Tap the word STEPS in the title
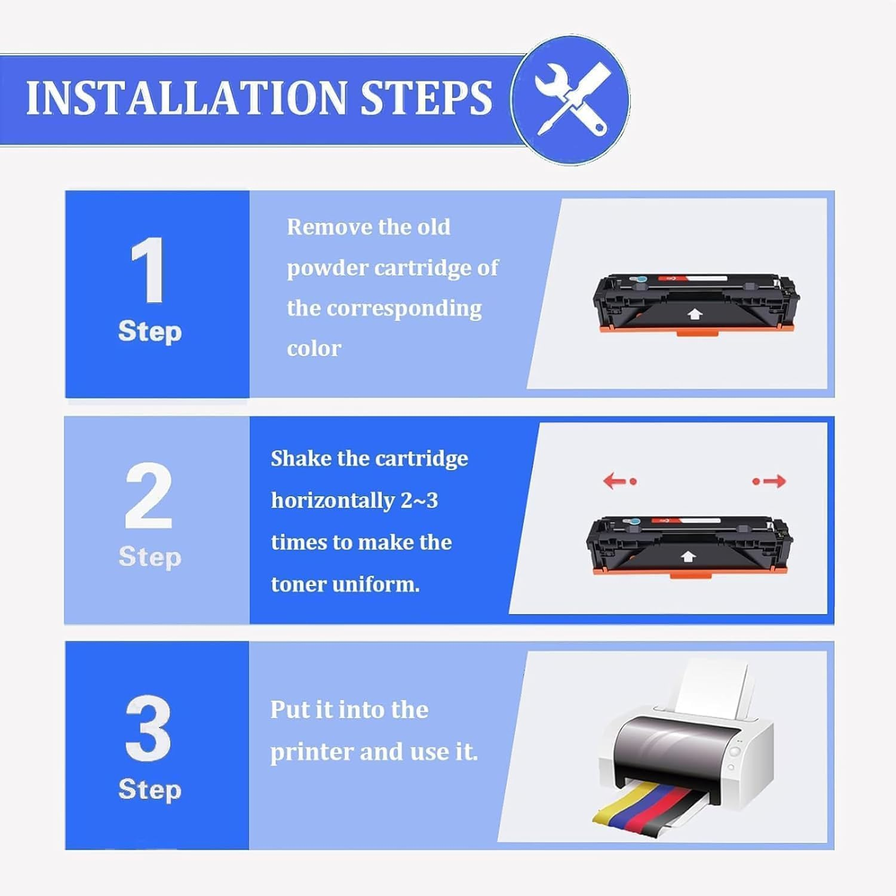point(427,97)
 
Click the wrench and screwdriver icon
point(571,100)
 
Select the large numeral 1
point(148,269)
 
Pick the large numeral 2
point(149,496)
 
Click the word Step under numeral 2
point(149,557)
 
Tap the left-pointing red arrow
point(620,481)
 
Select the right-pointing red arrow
point(769,481)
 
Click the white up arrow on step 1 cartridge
point(694,314)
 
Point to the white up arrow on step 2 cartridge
point(688,557)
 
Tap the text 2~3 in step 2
point(419,500)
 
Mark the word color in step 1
point(314,348)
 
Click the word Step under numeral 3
point(149,790)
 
